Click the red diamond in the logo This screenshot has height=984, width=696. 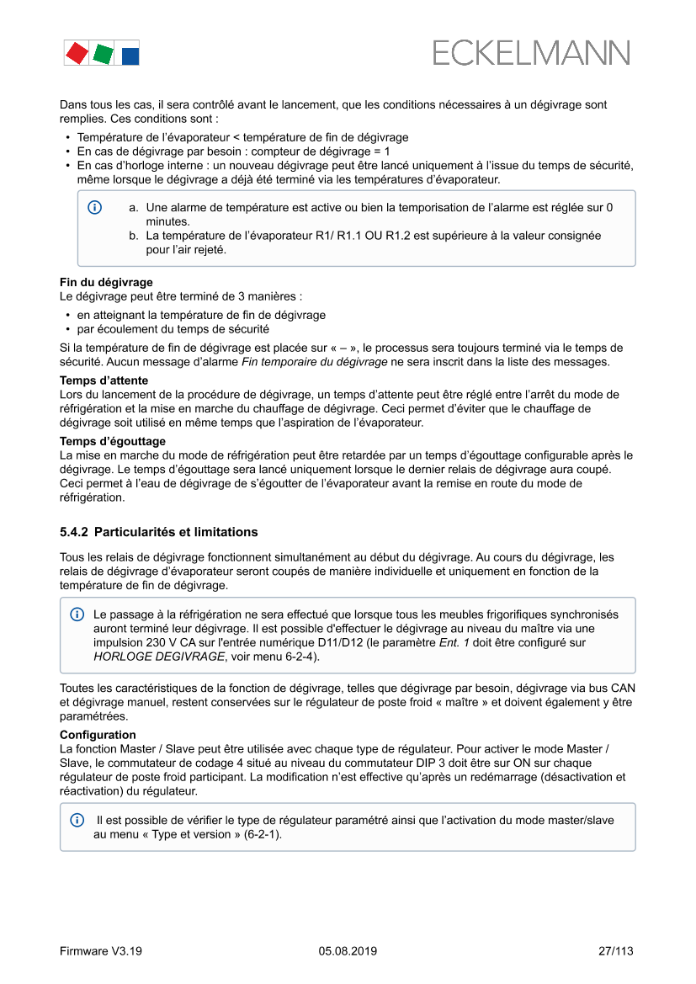[x=76, y=53]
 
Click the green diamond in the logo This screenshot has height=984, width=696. [x=104, y=54]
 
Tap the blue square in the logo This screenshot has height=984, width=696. [x=130, y=56]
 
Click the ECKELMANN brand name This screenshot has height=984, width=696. [x=531, y=54]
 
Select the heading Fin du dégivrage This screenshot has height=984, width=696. [x=106, y=283]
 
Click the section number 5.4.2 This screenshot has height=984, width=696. [x=74, y=532]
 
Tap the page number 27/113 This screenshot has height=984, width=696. [x=615, y=951]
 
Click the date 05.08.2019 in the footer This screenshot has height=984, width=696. [x=348, y=951]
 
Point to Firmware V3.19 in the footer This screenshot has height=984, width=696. [x=100, y=951]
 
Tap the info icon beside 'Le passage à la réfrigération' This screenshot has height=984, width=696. [x=77, y=614]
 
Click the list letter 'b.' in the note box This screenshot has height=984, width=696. [x=134, y=237]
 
